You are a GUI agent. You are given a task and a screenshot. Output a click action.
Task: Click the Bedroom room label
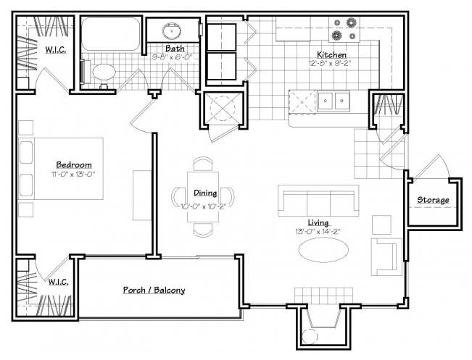coord(74,165)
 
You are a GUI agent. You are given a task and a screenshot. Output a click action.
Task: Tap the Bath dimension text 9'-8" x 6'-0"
coord(172,56)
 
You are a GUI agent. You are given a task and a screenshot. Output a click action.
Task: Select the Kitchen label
coord(331,55)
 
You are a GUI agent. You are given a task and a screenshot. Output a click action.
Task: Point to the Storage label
coord(433,200)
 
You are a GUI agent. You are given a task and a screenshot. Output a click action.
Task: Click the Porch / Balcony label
coord(154,290)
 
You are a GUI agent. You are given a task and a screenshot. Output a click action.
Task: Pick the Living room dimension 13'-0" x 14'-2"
coord(318,232)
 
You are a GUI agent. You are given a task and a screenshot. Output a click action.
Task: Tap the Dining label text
coord(205,193)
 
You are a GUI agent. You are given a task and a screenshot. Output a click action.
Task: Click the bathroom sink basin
coord(172,30)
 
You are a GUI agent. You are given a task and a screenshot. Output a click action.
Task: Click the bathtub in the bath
coord(111,34)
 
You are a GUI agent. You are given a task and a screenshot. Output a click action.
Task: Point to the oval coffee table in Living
coord(323,250)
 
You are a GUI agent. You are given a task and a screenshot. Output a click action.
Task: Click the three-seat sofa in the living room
coord(318,201)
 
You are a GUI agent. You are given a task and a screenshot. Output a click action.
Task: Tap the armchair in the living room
coord(386,257)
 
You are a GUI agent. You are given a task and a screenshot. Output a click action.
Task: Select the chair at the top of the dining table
coord(203,164)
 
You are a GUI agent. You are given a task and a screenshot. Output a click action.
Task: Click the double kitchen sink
coord(334,101)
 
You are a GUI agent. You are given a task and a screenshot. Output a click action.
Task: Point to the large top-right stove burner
coord(351,22)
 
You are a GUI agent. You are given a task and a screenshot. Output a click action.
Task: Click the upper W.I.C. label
coord(55,50)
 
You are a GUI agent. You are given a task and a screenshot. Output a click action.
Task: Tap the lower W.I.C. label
coord(59,282)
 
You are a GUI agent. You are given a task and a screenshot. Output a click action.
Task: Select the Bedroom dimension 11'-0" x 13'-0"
coord(73,174)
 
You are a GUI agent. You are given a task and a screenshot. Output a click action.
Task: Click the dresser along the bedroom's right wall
coord(142,195)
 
